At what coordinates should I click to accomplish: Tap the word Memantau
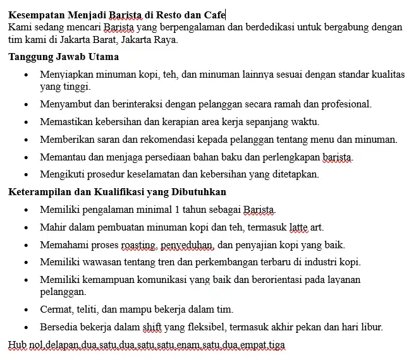[x=61, y=157]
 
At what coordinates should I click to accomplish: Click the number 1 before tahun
[x=178, y=209]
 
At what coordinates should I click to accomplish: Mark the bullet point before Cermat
[x=25, y=309]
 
